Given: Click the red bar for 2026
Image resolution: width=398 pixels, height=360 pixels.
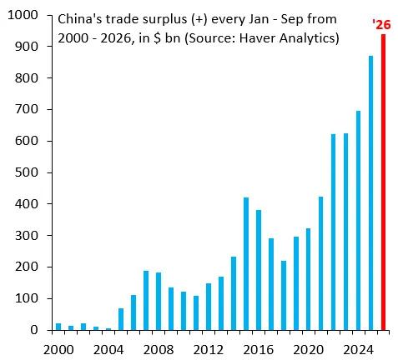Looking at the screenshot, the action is (x=383, y=182).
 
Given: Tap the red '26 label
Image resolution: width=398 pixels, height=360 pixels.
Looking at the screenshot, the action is (x=381, y=25).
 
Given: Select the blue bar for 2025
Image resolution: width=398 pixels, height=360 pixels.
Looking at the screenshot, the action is (x=370, y=193).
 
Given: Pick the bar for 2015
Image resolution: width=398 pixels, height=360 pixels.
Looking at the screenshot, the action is (x=246, y=264).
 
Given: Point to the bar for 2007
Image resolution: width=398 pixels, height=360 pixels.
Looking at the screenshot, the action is (x=146, y=301).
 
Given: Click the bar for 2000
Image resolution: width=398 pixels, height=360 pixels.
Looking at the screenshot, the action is (x=58, y=327).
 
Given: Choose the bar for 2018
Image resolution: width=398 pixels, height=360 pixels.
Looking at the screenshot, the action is (x=284, y=296).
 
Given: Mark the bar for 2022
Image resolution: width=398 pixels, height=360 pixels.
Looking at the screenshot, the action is (x=334, y=232).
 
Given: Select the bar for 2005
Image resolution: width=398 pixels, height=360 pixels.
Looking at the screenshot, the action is (x=121, y=319).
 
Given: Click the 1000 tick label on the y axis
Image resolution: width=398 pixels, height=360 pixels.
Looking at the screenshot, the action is (x=23, y=15).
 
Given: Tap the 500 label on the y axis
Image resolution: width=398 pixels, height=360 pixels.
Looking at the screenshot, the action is (x=26, y=172).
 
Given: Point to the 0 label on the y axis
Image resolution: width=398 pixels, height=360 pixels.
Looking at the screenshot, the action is (x=34, y=330).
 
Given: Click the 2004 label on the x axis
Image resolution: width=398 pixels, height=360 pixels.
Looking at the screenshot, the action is (x=108, y=350).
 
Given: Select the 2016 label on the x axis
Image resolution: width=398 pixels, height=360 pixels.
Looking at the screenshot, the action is (x=259, y=350).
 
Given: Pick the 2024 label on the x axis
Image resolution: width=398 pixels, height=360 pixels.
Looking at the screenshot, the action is (x=358, y=350).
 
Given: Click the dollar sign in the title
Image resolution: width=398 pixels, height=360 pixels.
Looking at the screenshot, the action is (x=157, y=38).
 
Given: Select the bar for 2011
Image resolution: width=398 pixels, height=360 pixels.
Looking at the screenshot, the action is (x=196, y=313).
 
